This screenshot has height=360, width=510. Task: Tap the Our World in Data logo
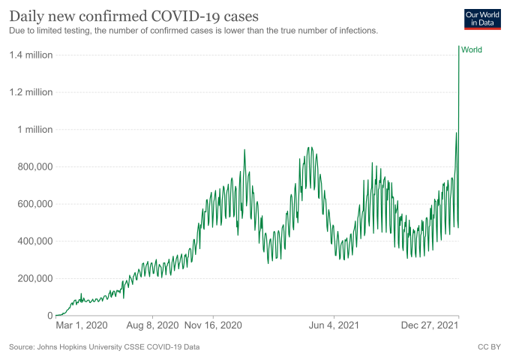point(482,19)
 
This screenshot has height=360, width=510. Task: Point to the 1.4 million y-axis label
point(30,55)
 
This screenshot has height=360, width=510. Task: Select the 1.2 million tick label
point(30,92)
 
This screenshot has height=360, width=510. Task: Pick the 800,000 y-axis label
point(31,166)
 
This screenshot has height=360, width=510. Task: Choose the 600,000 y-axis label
point(31,204)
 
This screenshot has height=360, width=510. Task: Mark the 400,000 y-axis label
point(31,241)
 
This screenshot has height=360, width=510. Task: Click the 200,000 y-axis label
point(31,278)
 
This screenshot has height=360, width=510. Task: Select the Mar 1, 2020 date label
point(82,326)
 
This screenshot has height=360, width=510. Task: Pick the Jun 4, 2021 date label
point(334,326)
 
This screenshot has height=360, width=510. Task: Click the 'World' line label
point(472,50)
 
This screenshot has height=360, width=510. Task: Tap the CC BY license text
point(489,347)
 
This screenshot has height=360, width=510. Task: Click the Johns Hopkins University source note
point(104,347)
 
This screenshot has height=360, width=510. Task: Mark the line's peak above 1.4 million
point(458,46)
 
